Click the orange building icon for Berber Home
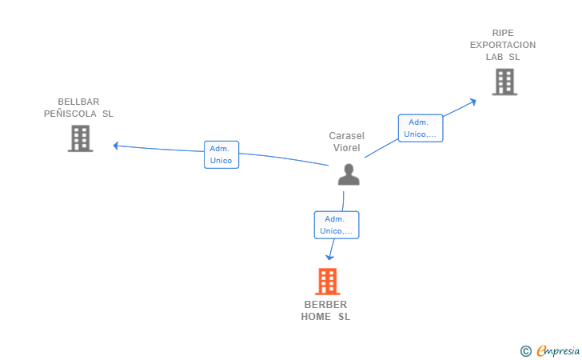click(328, 282)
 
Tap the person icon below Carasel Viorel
click(349, 174)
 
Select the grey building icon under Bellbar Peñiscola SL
click(80, 138)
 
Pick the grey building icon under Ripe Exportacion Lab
click(504, 82)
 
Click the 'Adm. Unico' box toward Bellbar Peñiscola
click(221, 154)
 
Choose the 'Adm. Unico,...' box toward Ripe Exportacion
click(421, 128)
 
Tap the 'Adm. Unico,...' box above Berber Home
click(337, 225)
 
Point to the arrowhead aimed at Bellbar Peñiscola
click(115, 146)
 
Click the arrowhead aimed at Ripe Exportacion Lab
click(473, 102)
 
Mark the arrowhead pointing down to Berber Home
click(329, 257)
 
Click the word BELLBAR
click(78, 102)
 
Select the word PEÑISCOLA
click(70, 114)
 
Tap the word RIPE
click(503, 33)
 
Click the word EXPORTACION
click(503, 45)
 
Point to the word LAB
click(494, 57)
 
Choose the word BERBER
click(325, 305)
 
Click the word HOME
click(316, 317)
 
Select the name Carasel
click(347, 136)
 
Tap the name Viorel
click(347, 148)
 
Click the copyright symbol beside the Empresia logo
click(525, 351)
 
